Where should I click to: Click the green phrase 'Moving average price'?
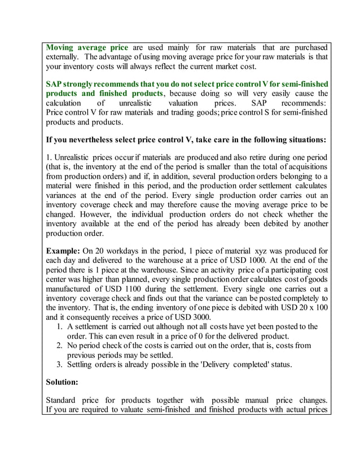(87, 47)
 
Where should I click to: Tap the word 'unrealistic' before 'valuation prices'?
(139, 104)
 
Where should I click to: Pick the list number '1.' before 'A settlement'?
(61, 327)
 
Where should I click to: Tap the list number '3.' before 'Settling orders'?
(61, 365)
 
